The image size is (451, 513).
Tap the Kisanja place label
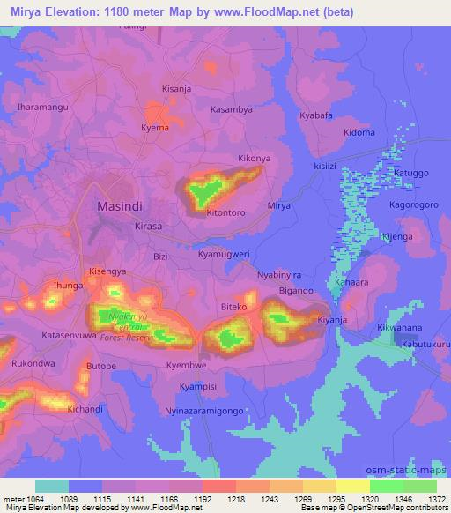[177, 89]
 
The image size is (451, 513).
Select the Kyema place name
[155, 128]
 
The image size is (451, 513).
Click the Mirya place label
[278, 205]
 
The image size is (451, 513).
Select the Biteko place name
[233, 308]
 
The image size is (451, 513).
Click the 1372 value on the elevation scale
[436, 500]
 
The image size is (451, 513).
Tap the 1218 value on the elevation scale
[235, 500]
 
